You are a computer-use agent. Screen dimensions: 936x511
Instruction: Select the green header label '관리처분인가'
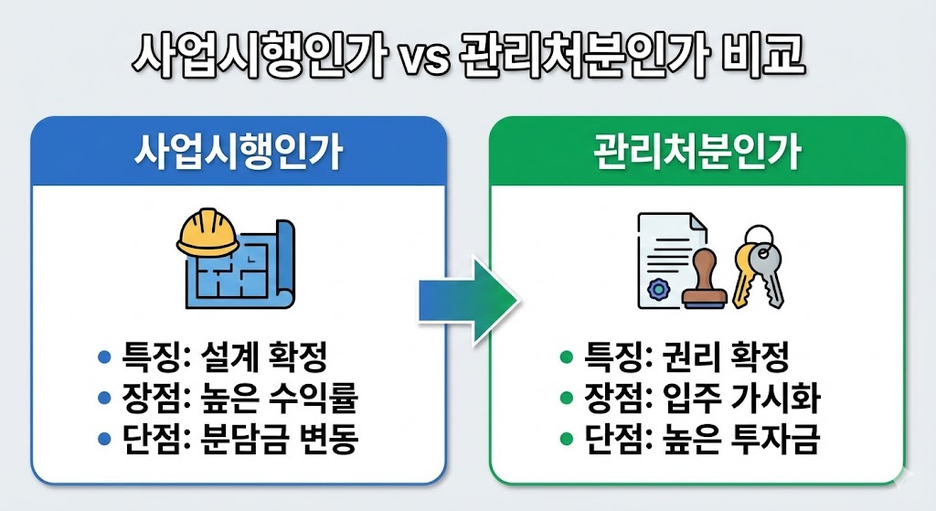(697, 153)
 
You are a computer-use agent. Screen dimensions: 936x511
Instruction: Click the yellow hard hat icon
(207, 236)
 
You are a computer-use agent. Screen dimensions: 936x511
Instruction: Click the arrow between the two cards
(467, 299)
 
